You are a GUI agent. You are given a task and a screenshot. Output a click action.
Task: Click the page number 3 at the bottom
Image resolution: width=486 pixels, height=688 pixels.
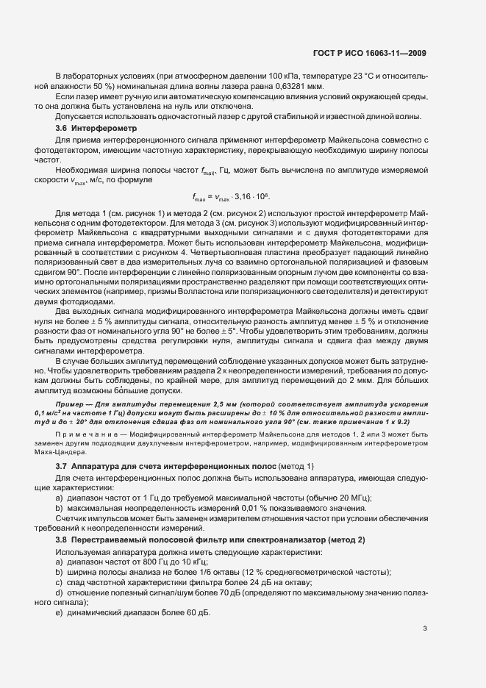click(x=424, y=628)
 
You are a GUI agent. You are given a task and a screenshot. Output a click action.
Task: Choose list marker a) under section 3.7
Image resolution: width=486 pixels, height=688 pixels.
click(x=59, y=498)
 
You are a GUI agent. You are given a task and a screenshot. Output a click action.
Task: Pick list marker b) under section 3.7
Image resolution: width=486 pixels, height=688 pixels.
click(x=59, y=509)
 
